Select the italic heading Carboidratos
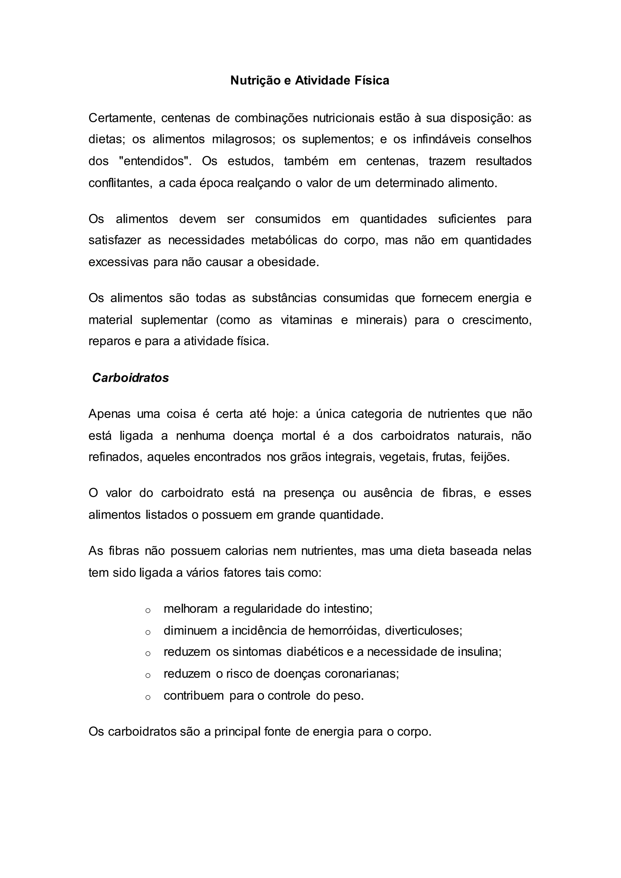tap(130, 378)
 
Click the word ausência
tap(388, 493)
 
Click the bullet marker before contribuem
tap(148, 697)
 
